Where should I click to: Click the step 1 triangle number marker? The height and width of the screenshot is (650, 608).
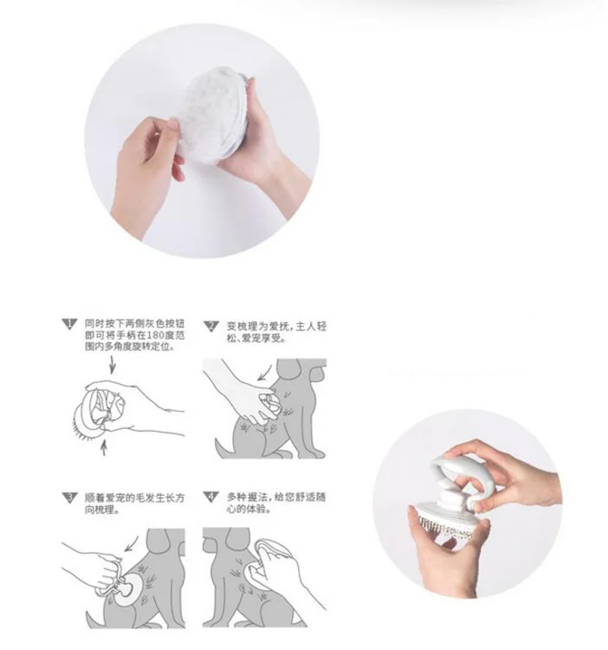pyautogui.click(x=69, y=324)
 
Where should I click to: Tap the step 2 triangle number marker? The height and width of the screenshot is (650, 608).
pyautogui.click(x=211, y=326)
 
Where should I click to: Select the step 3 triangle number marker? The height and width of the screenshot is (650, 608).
pyautogui.click(x=69, y=497)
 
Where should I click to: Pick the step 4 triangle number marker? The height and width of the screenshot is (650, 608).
pyautogui.click(x=211, y=496)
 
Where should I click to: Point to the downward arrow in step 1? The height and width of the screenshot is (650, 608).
pyautogui.click(x=112, y=365)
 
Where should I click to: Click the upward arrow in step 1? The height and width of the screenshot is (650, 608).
pyautogui.click(x=103, y=448)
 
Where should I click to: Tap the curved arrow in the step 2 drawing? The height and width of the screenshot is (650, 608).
pyautogui.click(x=265, y=373)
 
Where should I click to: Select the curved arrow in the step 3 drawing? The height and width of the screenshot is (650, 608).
pyautogui.click(x=131, y=543)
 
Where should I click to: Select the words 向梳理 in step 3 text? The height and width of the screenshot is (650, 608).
pyautogui.click(x=99, y=509)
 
